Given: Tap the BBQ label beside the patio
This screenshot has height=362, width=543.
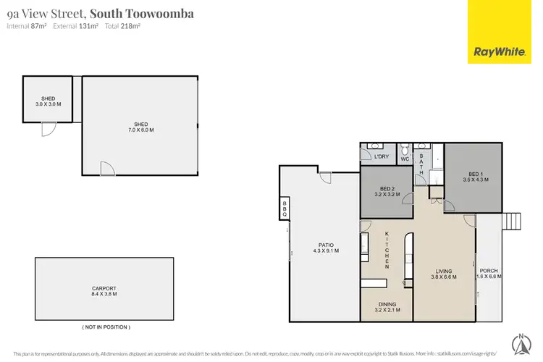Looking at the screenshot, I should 285,209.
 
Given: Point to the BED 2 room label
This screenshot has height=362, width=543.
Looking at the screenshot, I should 386,191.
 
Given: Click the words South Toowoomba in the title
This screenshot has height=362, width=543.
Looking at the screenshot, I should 141,13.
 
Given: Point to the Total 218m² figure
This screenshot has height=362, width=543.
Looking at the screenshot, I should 123,26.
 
